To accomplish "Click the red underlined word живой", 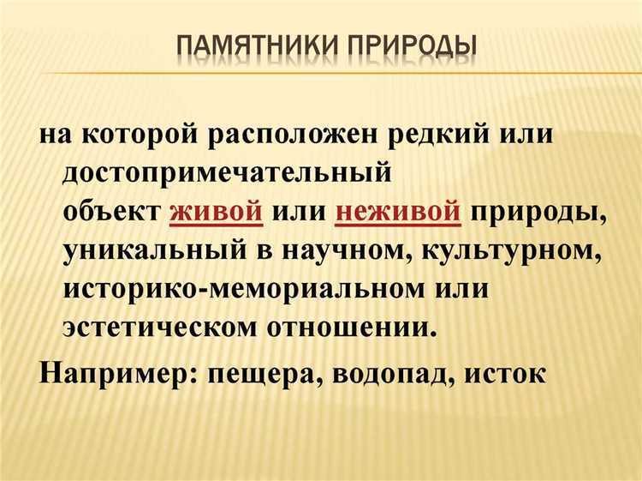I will [216, 212].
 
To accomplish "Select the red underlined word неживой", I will [398, 212].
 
